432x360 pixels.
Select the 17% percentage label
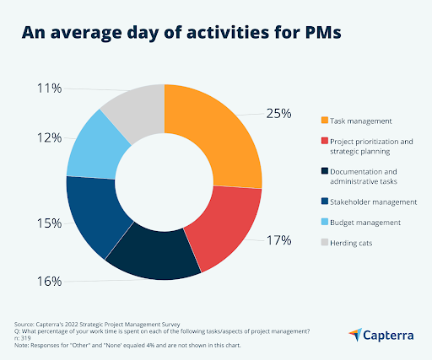click(x=279, y=239)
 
